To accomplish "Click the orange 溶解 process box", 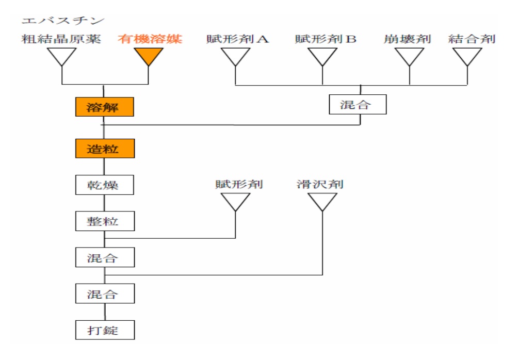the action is pyautogui.click(x=104, y=107).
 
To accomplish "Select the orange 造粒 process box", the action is pyautogui.click(x=105, y=149).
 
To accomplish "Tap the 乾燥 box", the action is pyautogui.click(x=104, y=185).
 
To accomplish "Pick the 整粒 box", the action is pyautogui.click(x=105, y=221).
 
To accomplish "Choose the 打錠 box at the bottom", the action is pyautogui.click(x=105, y=330).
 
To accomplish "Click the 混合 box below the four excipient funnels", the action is pyautogui.click(x=358, y=104).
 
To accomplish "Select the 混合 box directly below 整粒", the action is pyautogui.click(x=105, y=257).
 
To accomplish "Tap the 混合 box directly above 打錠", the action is pyautogui.click(x=105, y=293).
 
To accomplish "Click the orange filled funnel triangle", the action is pyautogui.click(x=149, y=56).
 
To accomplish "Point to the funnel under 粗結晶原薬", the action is pyautogui.click(x=62, y=56).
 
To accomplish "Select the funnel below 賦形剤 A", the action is pyautogui.click(x=235, y=56).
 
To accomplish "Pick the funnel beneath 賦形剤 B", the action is pyautogui.click(x=322, y=56).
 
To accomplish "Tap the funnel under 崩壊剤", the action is pyautogui.click(x=409, y=56).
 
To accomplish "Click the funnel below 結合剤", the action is pyautogui.click(x=467, y=56).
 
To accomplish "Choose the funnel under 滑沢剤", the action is pyautogui.click(x=322, y=202).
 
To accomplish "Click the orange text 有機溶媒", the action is pyautogui.click(x=150, y=39).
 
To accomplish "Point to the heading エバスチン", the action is pyautogui.click(x=63, y=21).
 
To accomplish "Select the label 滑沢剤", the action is pyautogui.click(x=320, y=184).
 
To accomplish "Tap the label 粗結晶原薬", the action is pyautogui.click(x=61, y=39).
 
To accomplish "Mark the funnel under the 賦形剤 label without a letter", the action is pyautogui.click(x=235, y=202).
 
